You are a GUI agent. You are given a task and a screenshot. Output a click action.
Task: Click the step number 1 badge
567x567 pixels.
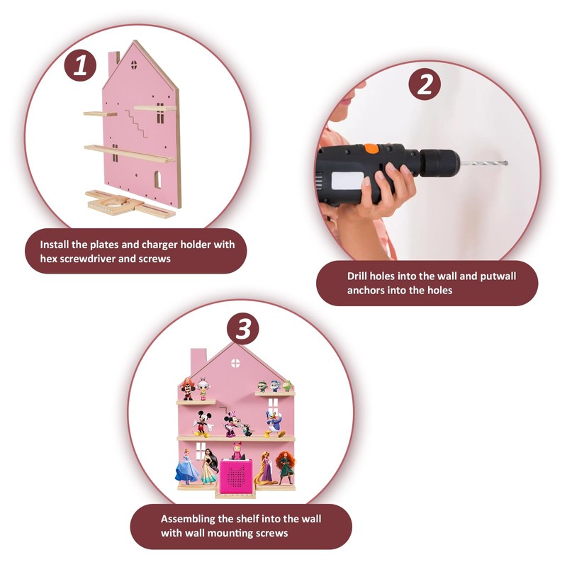click(x=80, y=65)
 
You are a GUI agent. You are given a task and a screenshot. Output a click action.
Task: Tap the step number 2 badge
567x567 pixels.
click(x=425, y=84)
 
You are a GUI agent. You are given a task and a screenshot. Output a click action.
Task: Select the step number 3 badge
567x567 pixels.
click(x=243, y=329)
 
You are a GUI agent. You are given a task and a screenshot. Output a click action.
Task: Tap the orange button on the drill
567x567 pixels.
click(x=371, y=148)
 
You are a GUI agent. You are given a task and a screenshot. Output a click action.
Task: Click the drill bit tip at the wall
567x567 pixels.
click(x=507, y=163)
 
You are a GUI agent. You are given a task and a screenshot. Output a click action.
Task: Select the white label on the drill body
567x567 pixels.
click(x=347, y=181)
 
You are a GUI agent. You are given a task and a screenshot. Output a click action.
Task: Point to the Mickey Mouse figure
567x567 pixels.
click(x=203, y=424)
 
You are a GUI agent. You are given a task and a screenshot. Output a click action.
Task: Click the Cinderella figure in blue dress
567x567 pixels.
click(x=186, y=467)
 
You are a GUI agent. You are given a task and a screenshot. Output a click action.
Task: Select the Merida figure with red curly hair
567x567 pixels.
click(x=286, y=467)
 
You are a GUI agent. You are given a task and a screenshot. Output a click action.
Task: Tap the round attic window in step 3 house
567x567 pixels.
click(x=235, y=363)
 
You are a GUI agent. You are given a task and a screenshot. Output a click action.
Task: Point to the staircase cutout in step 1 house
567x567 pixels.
click(x=136, y=123)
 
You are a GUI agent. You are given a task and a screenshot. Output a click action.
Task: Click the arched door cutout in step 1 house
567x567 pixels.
click(x=157, y=180)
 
